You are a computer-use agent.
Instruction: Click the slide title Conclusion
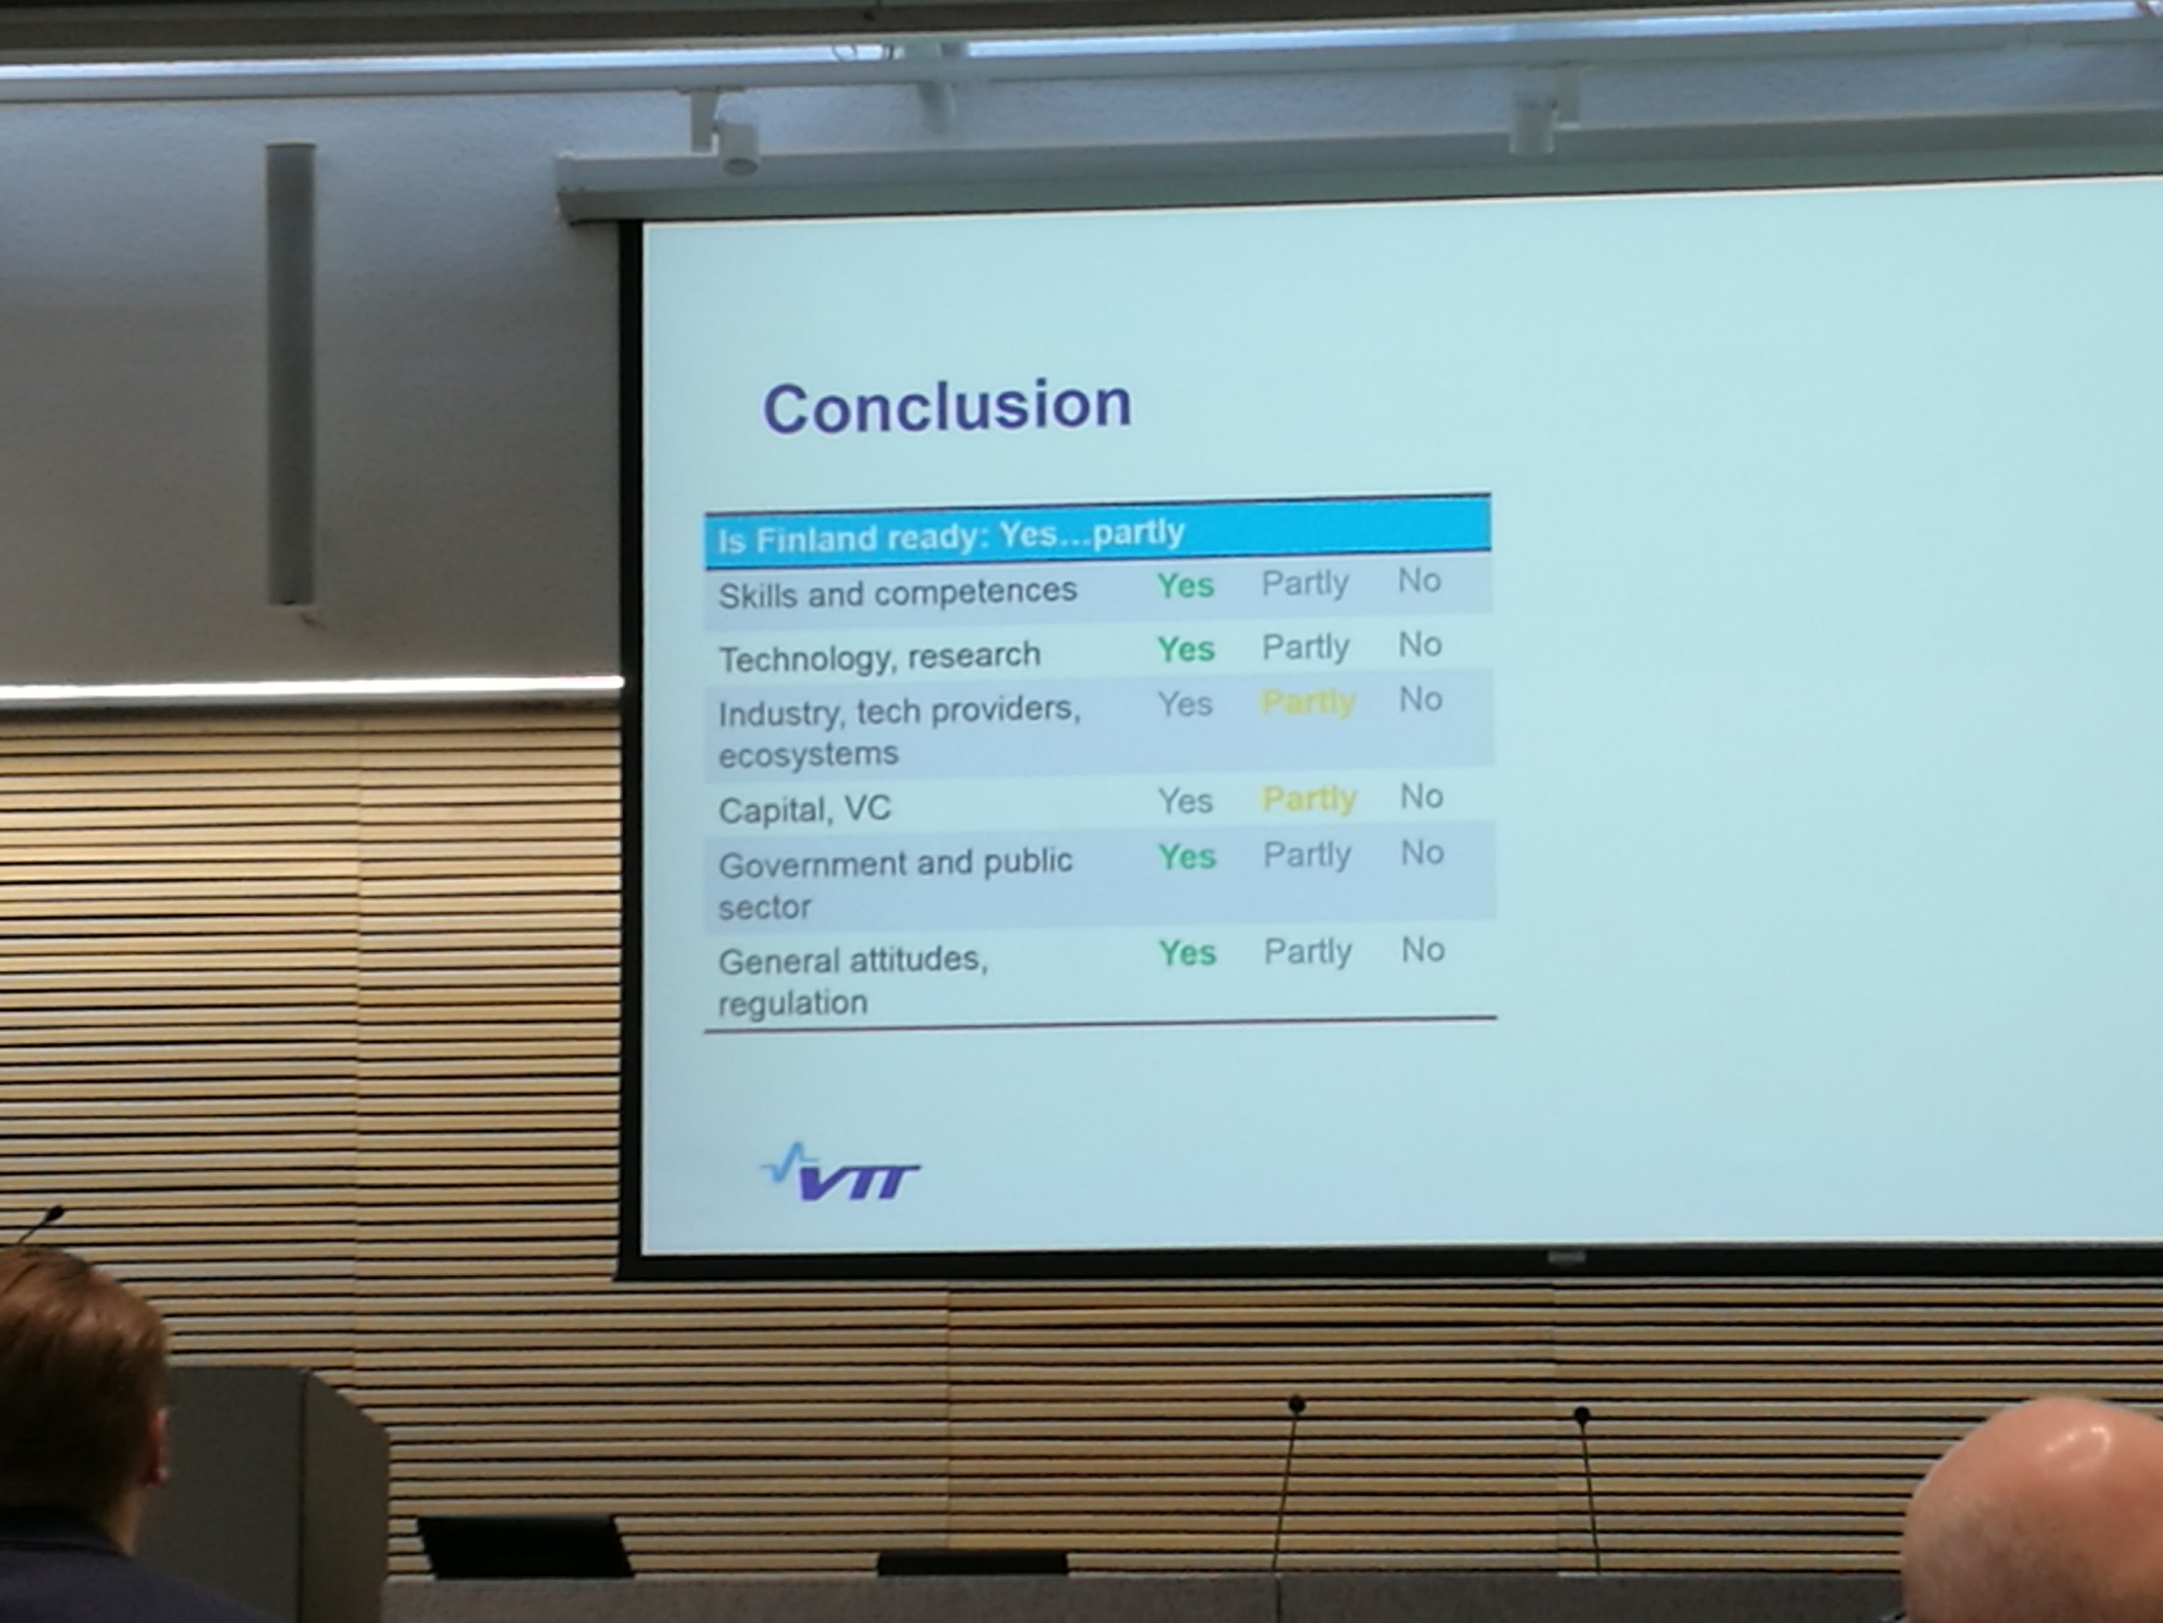tap(947, 406)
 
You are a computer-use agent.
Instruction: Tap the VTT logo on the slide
tap(840, 1172)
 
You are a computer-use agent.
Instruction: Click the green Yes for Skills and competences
tap(1185, 586)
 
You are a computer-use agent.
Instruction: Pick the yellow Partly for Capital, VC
tap(1309, 799)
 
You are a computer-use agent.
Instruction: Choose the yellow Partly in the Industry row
tap(1307, 703)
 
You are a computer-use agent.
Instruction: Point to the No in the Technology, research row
tap(1420, 645)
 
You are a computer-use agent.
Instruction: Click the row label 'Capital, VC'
tap(804, 810)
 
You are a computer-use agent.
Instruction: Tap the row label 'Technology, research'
tap(879, 657)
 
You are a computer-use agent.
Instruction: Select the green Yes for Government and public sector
tap(1187, 857)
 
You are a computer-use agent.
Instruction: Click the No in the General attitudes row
tap(1423, 950)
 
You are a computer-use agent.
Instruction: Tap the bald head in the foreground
tap(2039, 1511)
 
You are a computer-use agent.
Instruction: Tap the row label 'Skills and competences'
tap(897, 593)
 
